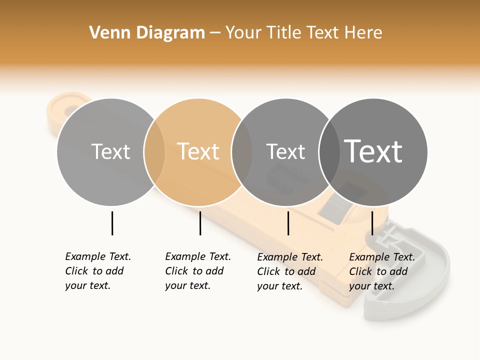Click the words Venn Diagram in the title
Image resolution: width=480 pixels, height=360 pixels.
point(147,33)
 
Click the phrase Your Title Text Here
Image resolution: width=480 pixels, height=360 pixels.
point(303,33)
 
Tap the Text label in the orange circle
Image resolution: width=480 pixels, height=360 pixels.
point(198,151)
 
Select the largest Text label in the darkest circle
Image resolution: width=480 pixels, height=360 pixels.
point(373,151)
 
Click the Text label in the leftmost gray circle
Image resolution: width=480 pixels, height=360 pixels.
point(110,151)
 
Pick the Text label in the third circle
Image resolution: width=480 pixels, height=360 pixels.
point(285,151)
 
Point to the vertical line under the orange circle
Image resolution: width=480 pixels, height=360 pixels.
point(200,223)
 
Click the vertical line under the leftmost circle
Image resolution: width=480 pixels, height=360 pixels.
point(112,223)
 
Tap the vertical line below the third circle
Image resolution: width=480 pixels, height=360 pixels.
point(288,223)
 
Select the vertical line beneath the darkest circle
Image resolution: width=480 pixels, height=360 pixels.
point(372,223)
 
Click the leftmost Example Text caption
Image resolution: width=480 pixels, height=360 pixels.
point(97,271)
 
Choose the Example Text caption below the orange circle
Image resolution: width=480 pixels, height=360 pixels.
point(197,271)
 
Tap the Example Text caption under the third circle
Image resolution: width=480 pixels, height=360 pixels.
point(289,271)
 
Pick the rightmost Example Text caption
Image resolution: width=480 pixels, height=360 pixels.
point(381,271)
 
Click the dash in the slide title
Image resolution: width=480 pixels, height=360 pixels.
point(215,33)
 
